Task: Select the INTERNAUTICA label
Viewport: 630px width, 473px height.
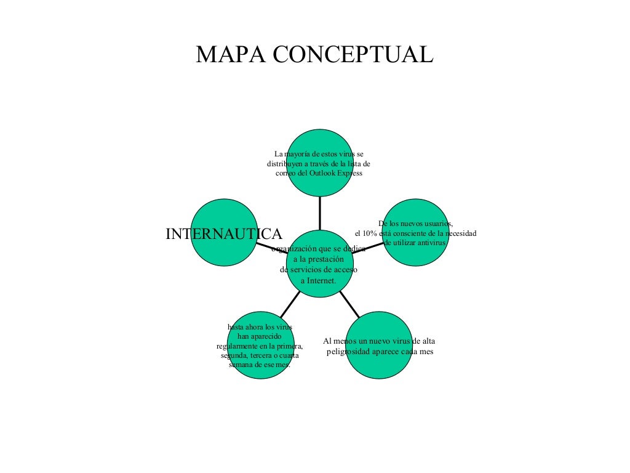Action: [x=224, y=234]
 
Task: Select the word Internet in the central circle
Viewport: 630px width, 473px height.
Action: [x=321, y=280]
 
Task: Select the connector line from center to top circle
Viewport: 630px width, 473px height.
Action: [x=320, y=212]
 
